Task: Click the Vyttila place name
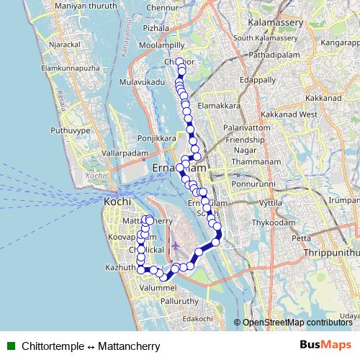271,204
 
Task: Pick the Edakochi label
198,318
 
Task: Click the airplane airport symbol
175,246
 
